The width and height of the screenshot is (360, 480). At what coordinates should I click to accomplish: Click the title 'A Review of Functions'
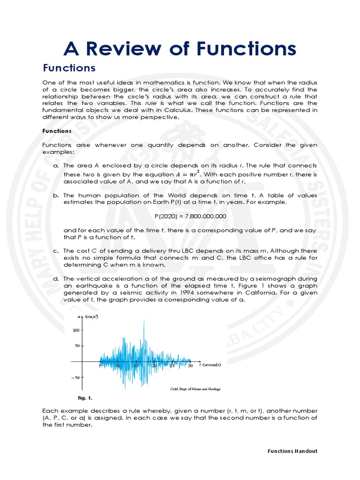[x=180, y=48]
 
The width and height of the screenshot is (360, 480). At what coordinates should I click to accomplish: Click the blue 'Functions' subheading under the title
[x=69, y=68]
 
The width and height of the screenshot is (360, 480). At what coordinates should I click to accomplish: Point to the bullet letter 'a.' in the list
[x=56, y=166]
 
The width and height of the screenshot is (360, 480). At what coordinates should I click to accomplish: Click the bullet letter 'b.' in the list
[x=56, y=195]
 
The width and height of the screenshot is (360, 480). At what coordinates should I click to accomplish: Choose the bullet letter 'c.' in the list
[x=56, y=251]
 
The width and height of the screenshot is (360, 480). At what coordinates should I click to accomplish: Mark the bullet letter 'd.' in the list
[x=56, y=278]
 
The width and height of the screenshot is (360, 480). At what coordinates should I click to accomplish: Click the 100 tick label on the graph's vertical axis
[x=75, y=330]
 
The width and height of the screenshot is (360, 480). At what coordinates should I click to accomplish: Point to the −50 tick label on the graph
[x=75, y=377]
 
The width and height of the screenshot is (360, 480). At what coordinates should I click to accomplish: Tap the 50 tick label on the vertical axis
[x=77, y=346]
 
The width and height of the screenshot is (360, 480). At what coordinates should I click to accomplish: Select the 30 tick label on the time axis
[x=190, y=366]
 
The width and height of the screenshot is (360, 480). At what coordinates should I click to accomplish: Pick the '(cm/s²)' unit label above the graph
[x=91, y=317]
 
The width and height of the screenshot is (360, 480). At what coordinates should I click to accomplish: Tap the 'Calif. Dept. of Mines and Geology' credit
[x=195, y=389]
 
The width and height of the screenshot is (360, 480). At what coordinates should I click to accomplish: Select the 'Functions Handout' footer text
[x=292, y=451]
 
